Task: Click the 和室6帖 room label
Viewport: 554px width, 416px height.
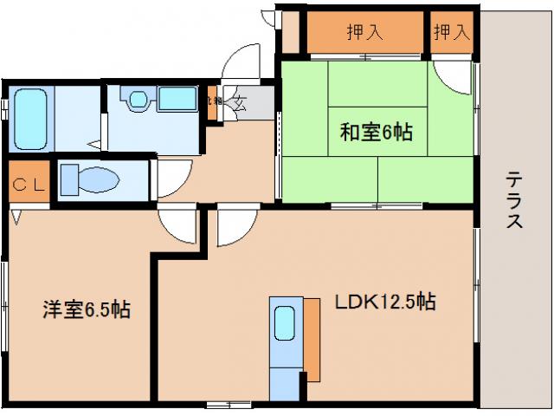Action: pyautogui.click(x=375, y=133)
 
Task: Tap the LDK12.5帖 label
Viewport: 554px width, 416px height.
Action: pyautogui.click(x=384, y=302)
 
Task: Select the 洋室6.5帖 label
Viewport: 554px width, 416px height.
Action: pyautogui.click(x=87, y=309)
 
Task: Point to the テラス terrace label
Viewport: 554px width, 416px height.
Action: pyautogui.click(x=514, y=199)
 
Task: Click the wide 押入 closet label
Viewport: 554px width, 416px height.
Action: pyautogui.click(x=366, y=33)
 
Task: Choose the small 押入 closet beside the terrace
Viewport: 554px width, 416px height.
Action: pyautogui.click(x=450, y=33)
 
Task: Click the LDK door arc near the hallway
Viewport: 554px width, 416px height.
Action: pyautogui.click(x=232, y=226)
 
